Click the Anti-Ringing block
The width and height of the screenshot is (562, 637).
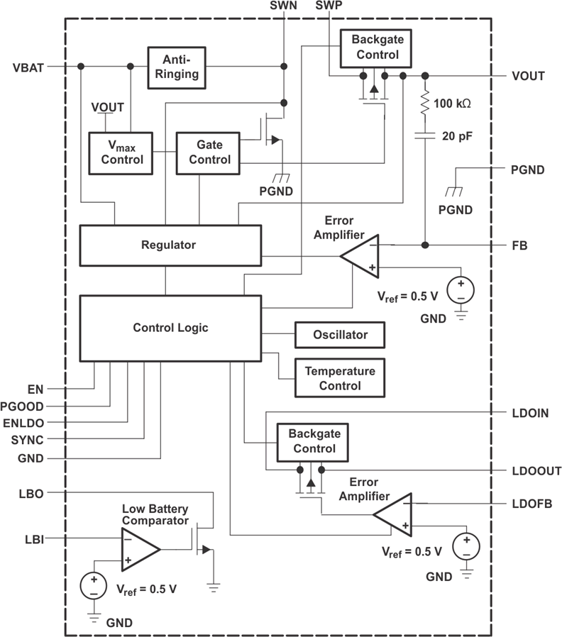177,67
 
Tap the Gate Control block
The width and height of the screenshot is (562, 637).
209,152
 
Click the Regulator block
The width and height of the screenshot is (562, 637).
169,245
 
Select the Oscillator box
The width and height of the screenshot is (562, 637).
340,334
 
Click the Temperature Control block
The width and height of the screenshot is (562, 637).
340,378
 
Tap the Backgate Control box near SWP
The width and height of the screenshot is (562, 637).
378,48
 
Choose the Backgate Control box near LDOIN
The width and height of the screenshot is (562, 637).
314,441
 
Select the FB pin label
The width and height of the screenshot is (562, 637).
519,245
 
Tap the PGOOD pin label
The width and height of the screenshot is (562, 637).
23,406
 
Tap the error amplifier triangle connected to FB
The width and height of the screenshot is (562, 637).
362,256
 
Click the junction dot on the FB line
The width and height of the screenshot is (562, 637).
425,245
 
